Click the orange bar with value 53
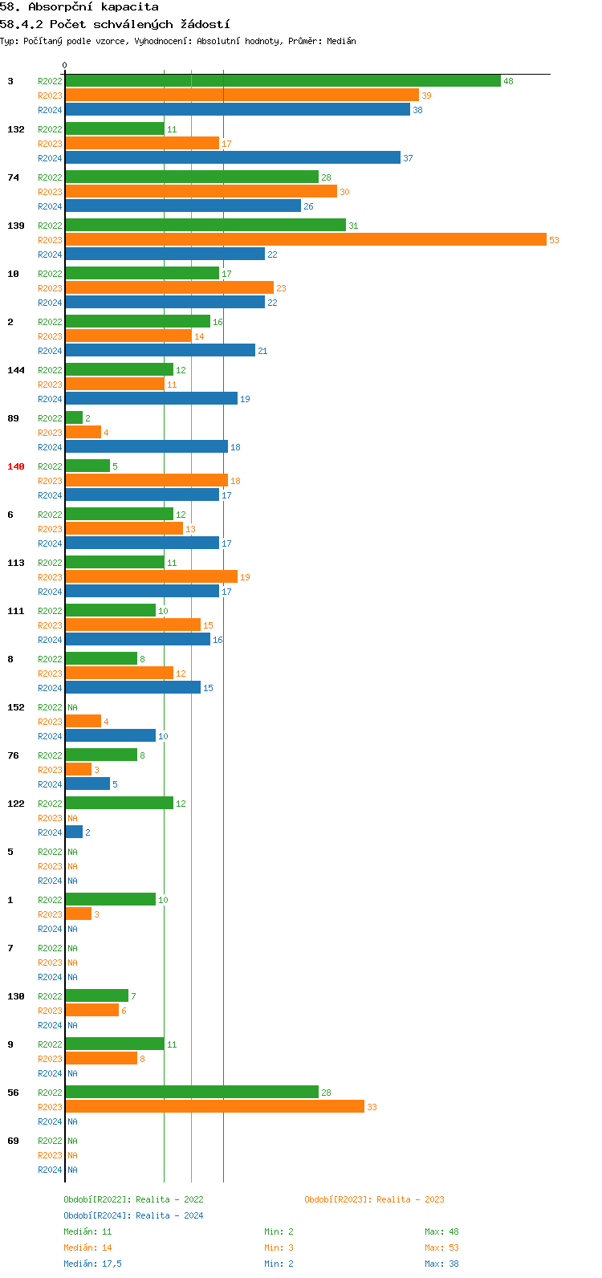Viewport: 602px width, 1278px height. (305, 240)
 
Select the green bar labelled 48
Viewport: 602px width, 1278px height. (283, 81)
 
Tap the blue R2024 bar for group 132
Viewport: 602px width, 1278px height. (233, 158)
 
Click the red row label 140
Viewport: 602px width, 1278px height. (16, 466)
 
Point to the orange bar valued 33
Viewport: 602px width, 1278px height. (214, 1107)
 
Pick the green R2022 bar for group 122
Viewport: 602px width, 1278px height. (119, 804)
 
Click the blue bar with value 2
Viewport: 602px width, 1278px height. (74, 832)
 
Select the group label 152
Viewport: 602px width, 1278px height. (16, 707)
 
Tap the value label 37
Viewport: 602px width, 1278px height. (408, 158)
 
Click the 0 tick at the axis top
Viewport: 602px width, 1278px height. (65, 66)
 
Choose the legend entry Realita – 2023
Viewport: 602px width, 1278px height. (374, 1199)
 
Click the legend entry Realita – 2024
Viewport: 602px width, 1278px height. (133, 1215)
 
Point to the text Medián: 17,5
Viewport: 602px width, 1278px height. (92, 1264)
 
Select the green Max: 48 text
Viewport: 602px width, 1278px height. (441, 1231)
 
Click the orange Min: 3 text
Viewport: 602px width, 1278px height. (279, 1247)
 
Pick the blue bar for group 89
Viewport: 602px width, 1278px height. (146, 447)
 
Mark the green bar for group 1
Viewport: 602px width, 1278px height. (110, 900)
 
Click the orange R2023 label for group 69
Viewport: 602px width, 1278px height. (50, 1155)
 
